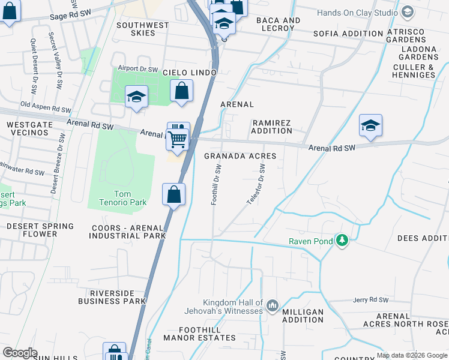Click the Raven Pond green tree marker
(x=342, y=241)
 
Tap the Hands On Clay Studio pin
(x=408, y=12)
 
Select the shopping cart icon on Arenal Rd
(x=178, y=139)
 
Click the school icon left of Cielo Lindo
(x=136, y=97)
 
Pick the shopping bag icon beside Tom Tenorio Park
(x=173, y=194)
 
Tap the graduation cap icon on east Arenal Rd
(x=370, y=125)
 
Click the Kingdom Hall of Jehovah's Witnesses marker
(x=272, y=307)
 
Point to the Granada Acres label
(x=240, y=156)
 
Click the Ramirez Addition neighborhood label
(x=271, y=127)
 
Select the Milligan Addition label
(x=303, y=316)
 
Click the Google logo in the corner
(x=20, y=353)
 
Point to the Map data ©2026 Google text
(x=411, y=355)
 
